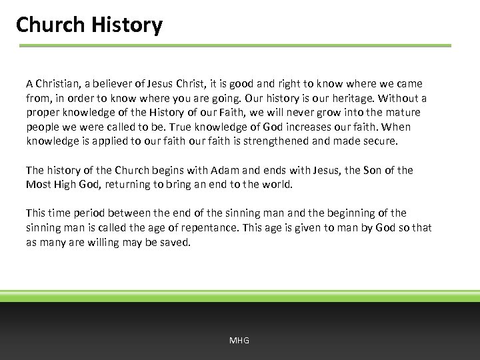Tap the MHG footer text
[x=239, y=340]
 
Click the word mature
[x=403, y=113]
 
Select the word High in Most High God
[x=69, y=185]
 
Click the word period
[x=91, y=213]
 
